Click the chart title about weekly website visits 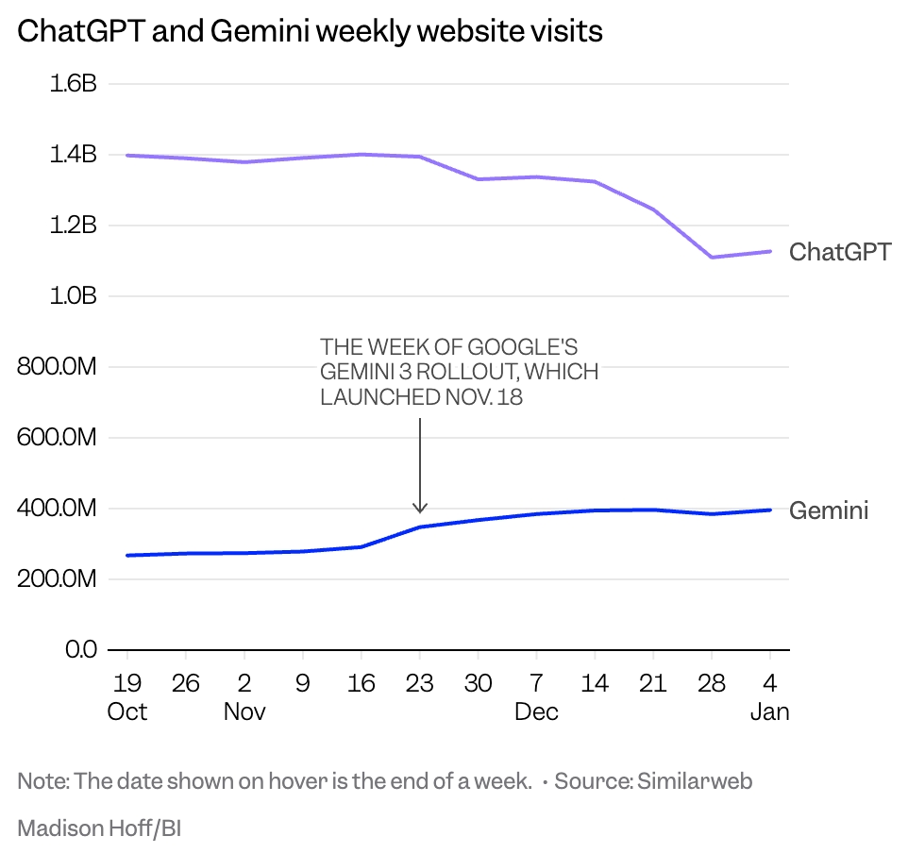[310, 31]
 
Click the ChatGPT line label [839, 252]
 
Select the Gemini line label [828, 510]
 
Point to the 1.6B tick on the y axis [73, 84]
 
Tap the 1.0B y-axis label [73, 296]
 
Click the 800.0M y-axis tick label [57, 367]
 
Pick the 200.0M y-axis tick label [57, 579]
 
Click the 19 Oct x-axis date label [126, 696]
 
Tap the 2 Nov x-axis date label [244, 696]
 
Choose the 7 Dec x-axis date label [536, 696]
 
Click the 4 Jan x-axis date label [769, 696]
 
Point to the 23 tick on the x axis [419, 682]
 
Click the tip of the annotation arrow [420, 511]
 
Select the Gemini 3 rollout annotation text [459, 372]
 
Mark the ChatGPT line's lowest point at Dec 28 [711, 257]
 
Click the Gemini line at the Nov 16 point [362, 546]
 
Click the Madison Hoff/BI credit [99, 828]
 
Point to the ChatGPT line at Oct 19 [127, 155]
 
